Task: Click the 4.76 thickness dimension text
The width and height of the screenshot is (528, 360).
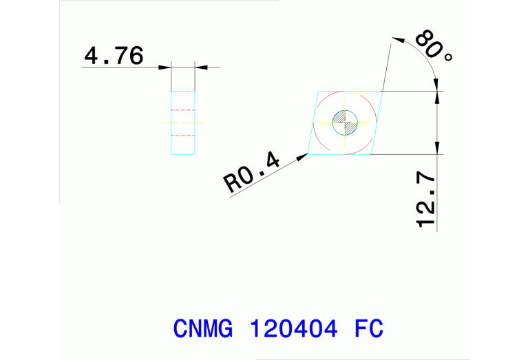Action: pyautogui.click(x=114, y=55)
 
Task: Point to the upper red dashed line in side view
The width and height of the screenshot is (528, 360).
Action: pyautogui.click(x=182, y=110)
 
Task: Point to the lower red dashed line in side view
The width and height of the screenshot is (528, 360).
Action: pyautogui.click(x=182, y=136)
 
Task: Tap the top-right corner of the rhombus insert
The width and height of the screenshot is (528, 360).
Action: pyautogui.click(x=381, y=91)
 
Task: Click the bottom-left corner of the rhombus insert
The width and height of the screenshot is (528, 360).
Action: pyautogui.click(x=308, y=154)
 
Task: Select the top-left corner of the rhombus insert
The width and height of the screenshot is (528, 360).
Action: pyautogui.click(x=319, y=91)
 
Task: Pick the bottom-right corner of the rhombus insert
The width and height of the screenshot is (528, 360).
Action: pyautogui.click(x=370, y=154)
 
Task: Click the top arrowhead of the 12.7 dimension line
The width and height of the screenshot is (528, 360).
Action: pyautogui.click(x=437, y=96)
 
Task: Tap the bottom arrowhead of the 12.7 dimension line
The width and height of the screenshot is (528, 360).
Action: pyautogui.click(x=437, y=149)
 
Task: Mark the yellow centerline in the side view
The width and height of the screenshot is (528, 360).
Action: pyautogui.click(x=182, y=123)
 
